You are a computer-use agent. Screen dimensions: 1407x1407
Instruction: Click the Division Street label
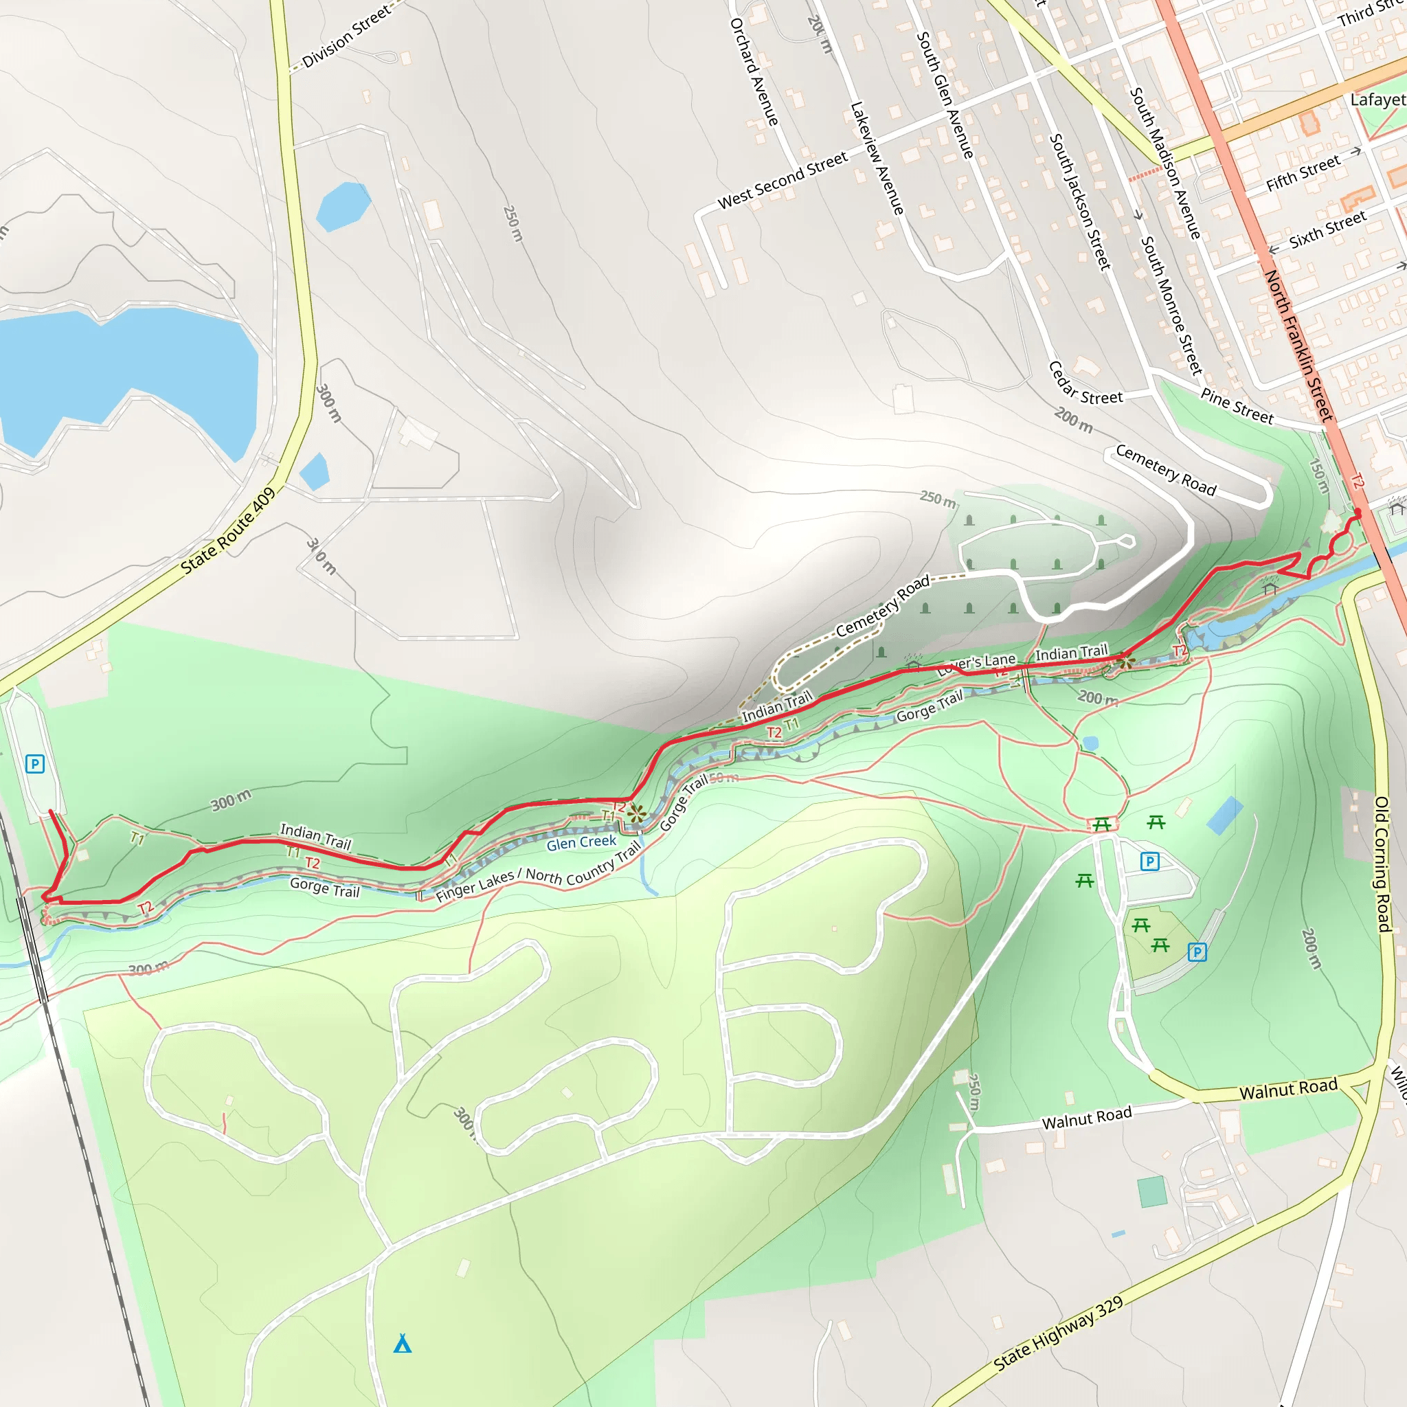tap(346, 37)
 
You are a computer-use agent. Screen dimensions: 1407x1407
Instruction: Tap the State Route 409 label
tap(228, 531)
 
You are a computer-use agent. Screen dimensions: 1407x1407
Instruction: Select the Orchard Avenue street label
tap(754, 71)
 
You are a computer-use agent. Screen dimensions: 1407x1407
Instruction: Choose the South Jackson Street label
tap(1079, 202)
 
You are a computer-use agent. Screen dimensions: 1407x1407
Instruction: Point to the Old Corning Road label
tap(1382, 864)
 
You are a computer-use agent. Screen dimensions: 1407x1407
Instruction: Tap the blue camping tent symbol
tap(402, 1344)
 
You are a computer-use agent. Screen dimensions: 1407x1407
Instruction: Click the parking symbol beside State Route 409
tap(35, 764)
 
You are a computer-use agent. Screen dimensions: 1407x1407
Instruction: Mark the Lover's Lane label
tap(977, 664)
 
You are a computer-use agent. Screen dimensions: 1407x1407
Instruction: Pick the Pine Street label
tap(1237, 407)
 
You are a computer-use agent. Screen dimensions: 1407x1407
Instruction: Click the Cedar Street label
tap(1085, 384)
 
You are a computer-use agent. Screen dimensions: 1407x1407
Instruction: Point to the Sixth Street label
tap(1327, 230)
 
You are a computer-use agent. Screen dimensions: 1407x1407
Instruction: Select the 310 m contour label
tap(321, 556)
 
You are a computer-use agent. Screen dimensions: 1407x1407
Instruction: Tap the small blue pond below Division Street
tap(343, 206)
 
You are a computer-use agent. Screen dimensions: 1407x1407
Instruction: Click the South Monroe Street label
tap(1170, 305)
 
